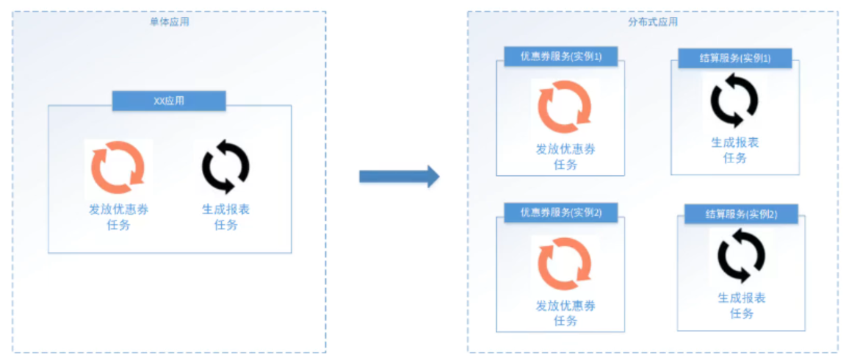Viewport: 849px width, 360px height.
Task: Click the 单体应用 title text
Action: click(169, 22)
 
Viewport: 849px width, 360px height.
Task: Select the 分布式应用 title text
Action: click(653, 22)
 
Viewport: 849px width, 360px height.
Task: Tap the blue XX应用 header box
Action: click(169, 101)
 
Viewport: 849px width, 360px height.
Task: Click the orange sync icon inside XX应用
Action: click(118, 167)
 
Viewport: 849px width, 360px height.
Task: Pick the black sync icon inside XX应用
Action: click(225, 167)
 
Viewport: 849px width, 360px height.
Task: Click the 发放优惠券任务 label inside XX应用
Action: click(118, 217)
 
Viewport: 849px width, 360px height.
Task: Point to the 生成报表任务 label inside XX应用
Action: click(225, 217)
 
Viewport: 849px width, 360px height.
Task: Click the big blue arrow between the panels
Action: click(399, 176)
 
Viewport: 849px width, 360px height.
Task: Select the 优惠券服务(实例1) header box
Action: click(560, 57)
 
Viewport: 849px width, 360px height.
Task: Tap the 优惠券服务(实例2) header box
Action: click(560, 212)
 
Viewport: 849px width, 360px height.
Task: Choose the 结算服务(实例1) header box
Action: click(735, 59)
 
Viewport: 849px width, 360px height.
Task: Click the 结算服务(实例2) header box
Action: click(741, 215)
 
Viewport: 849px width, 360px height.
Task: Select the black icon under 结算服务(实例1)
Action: click(734, 101)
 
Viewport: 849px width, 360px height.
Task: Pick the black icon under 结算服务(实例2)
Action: click(741, 255)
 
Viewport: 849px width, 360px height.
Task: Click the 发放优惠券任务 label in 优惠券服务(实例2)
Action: click(565, 313)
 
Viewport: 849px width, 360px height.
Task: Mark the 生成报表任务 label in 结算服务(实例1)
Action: click(734, 149)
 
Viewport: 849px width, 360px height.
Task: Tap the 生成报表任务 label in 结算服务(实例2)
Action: click(741, 306)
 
